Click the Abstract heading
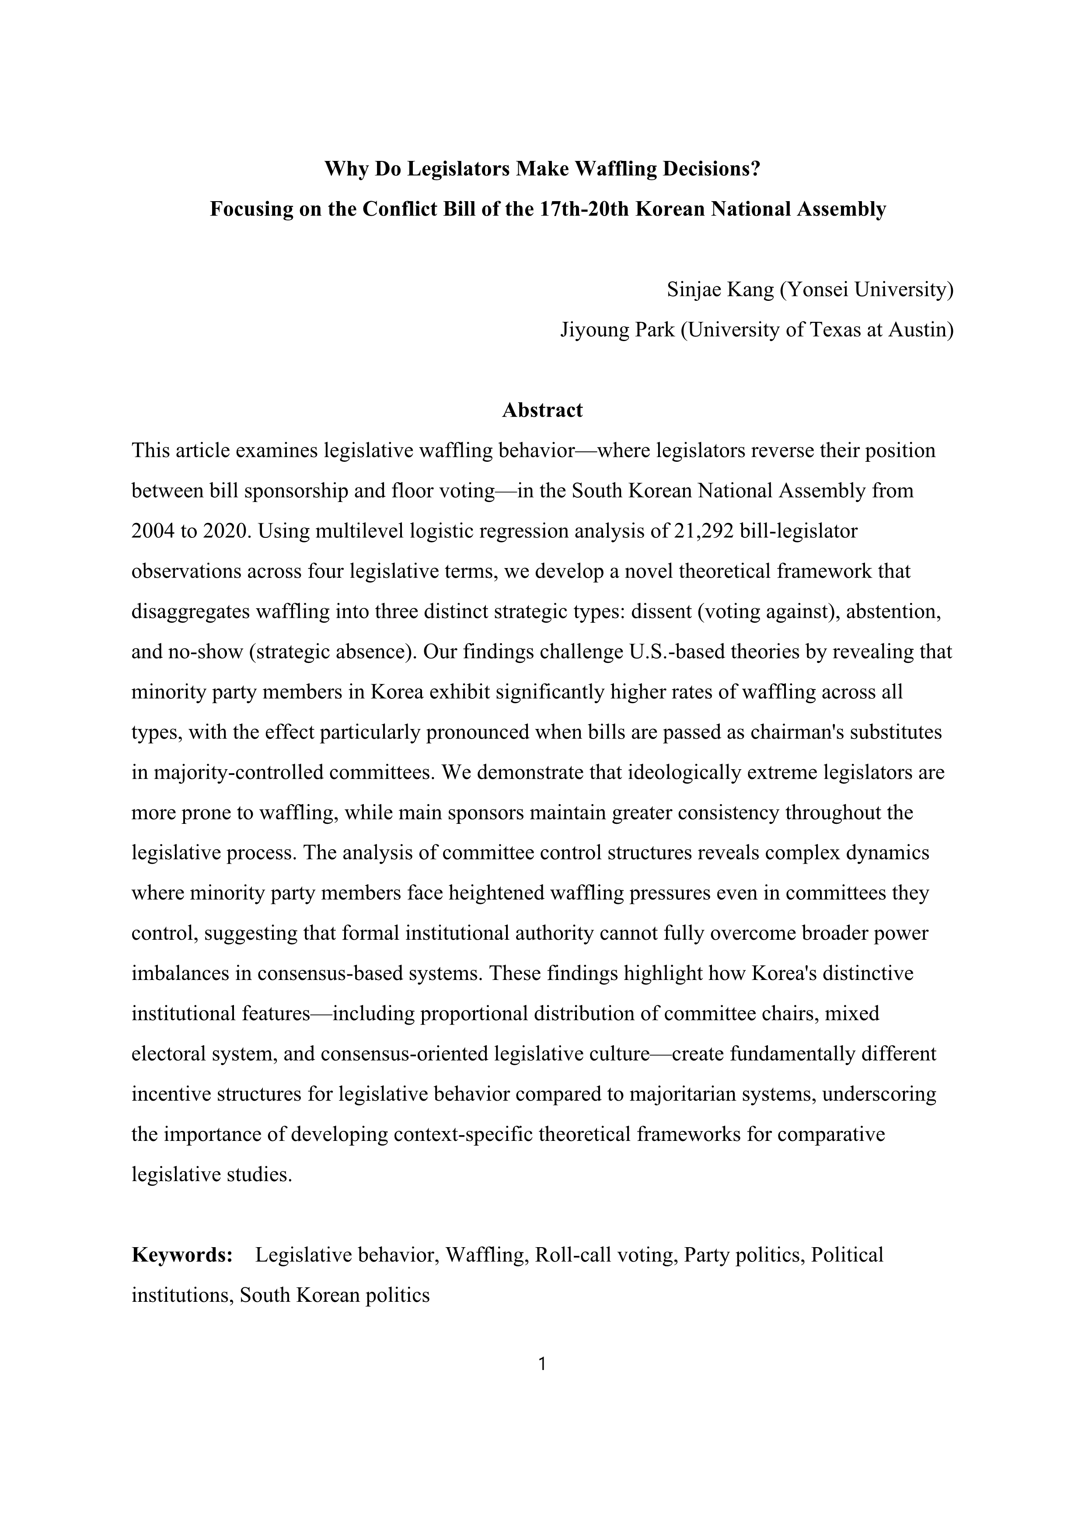[x=542, y=410]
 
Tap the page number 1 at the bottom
[x=542, y=1363]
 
